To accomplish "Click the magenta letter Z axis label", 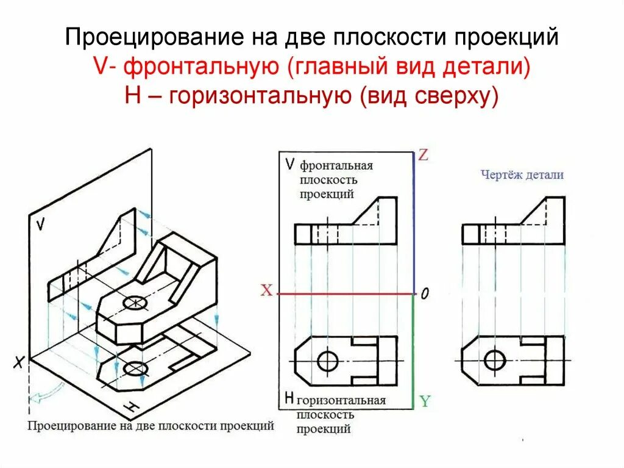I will (x=423, y=156).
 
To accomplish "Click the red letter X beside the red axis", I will (x=266, y=291).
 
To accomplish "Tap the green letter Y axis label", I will (x=425, y=401).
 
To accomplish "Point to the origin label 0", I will (x=424, y=294).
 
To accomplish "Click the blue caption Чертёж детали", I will (x=522, y=175).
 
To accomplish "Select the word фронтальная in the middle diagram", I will (x=336, y=166).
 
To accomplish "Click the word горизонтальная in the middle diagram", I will (x=341, y=401).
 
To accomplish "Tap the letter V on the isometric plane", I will (x=40, y=225).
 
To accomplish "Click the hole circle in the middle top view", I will (x=328, y=361).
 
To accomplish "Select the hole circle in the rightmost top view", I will (x=495, y=361).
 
